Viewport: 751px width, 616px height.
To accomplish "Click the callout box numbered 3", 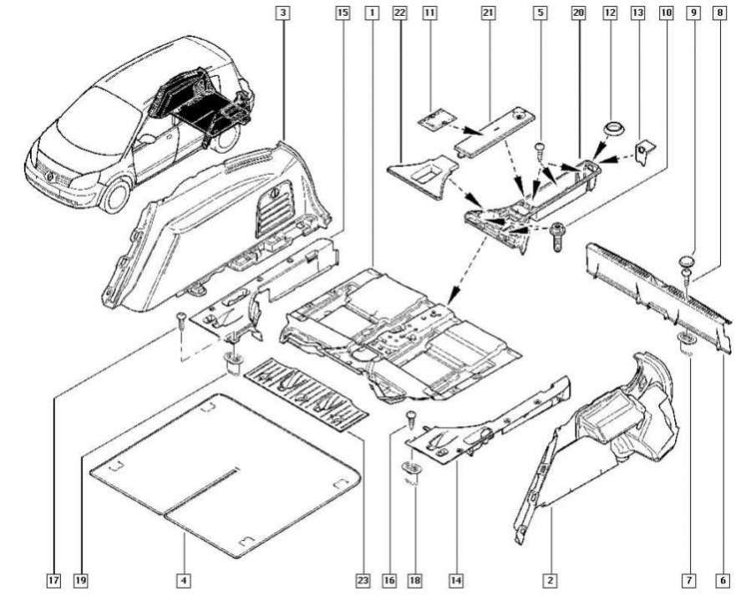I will (x=285, y=14).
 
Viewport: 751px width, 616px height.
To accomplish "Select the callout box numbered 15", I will (x=342, y=14).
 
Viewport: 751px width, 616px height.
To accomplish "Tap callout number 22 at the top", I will (x=398, y=14).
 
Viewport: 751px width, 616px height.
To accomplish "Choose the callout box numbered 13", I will (x=638, y=14).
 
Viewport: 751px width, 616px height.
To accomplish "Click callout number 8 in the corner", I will (x=720, y=14).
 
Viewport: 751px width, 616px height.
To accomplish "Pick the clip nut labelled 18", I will (x=412, y=468).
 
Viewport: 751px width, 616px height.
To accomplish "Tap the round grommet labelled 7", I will (x=683, y=340).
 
